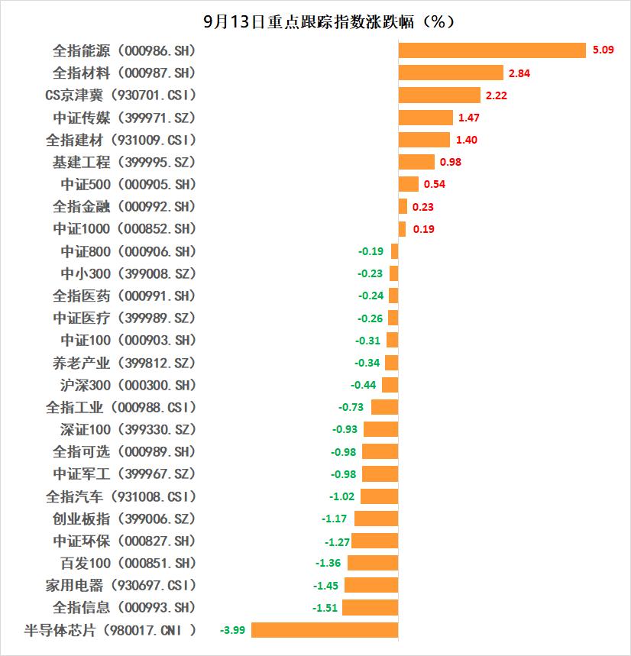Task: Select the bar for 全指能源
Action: (x=492, y=50)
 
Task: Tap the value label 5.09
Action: (x=600, y=51)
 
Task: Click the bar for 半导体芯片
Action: (x=325, y=630)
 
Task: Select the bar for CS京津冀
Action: (x=439, y=95)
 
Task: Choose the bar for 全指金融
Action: (x=403, y=206)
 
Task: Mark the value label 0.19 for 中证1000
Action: (x=422, y=229)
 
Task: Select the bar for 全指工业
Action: (x=384, y=407)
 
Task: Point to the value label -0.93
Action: (x=345, y=430)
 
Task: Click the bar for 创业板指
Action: (x=376, y=519)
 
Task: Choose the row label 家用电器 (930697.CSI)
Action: (x=121, y=586)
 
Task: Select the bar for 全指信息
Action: (x=370, y=608)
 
